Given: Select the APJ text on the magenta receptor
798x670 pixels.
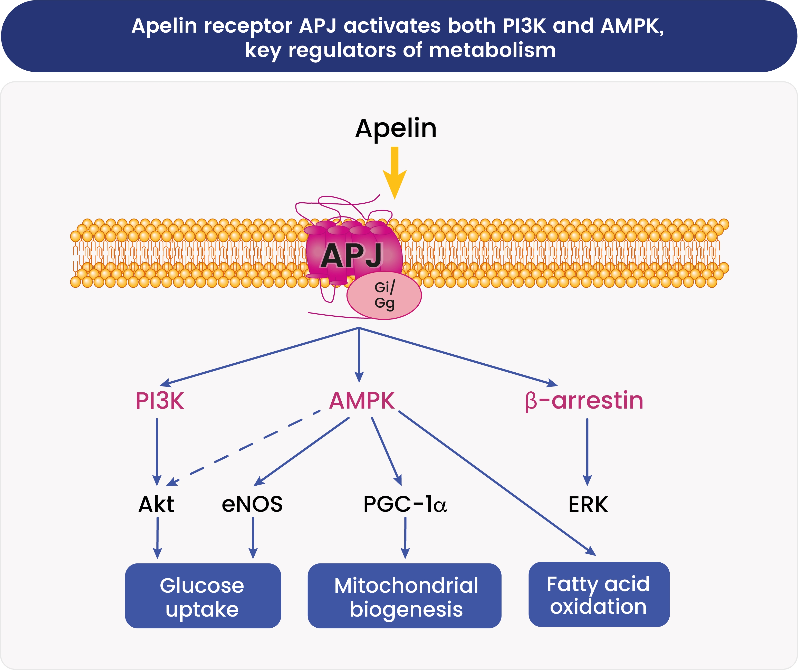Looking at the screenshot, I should pos(351,256).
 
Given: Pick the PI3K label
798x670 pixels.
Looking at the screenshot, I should pos(160,401).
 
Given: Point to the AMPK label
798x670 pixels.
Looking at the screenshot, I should pos(362,401).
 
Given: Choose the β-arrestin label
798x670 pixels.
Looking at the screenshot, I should pos(584,401).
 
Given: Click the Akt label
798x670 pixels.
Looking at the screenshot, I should pos(156,505).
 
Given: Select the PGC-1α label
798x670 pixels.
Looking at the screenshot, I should pos(405,505).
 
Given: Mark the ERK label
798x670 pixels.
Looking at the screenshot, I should pos(588,505).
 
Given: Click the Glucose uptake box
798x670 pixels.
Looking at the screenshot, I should pos(203,596).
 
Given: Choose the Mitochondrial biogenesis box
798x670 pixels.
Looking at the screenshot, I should pos(404,596).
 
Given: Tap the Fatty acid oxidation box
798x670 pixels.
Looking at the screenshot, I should pos(599,594).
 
